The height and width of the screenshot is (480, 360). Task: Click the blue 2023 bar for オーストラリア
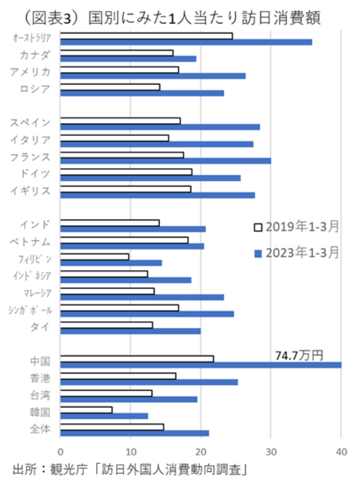coord(186,42)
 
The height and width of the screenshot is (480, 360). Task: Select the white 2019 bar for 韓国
coord(86,410)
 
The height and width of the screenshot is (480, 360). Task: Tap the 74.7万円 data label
coord(299,356)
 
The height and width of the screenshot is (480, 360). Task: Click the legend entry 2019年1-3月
coord(296,227)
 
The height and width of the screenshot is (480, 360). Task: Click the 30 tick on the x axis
coord(271,451)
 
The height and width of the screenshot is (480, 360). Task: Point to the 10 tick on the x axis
coord(130,451)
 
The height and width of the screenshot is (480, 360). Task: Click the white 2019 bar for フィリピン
coord(94,257)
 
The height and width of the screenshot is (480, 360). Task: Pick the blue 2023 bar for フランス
coord(165,161)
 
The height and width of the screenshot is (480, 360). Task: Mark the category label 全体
coord(40,430)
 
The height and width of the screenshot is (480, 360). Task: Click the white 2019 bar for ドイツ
coord(126,172)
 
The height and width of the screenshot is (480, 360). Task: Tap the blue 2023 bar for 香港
coord(149,382)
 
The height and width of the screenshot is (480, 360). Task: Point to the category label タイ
coord(40,327)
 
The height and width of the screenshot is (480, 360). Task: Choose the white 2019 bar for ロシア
coord(110,87)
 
